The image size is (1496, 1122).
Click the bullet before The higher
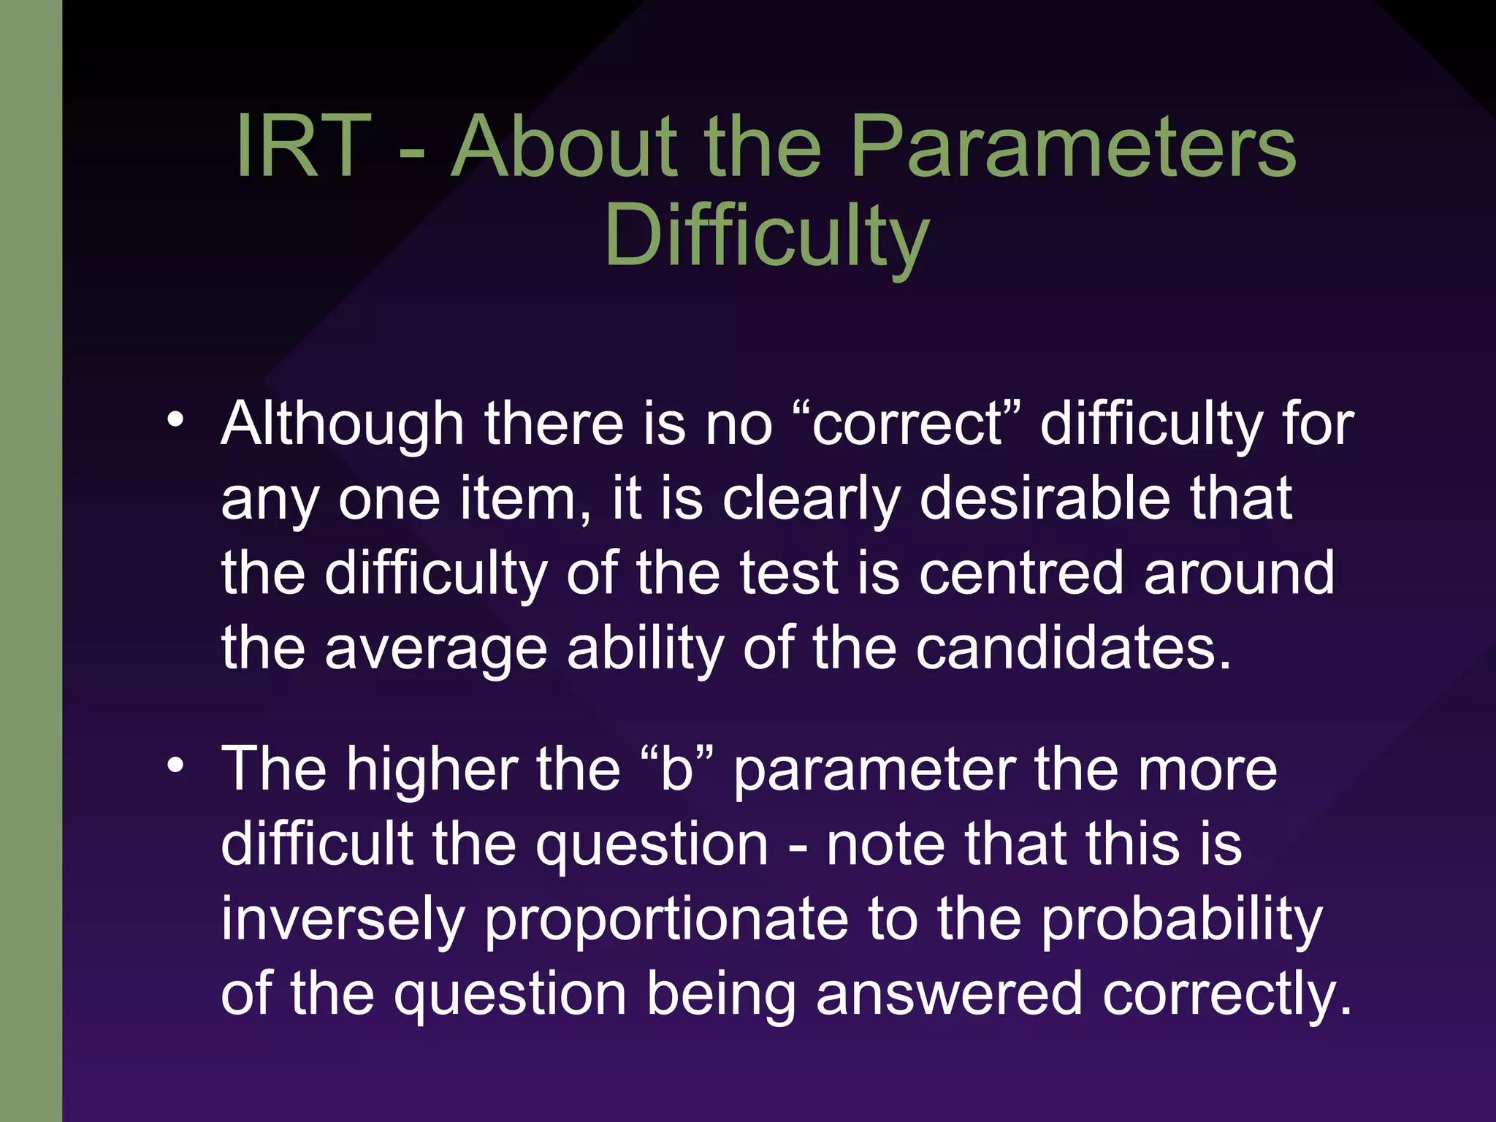(x=175, y=765)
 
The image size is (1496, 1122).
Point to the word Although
(x=343, y=424)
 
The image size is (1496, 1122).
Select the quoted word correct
(x=908, y=424)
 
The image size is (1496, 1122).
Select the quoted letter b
(x=676, y=770)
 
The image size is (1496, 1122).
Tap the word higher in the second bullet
(x=431, y=770)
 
